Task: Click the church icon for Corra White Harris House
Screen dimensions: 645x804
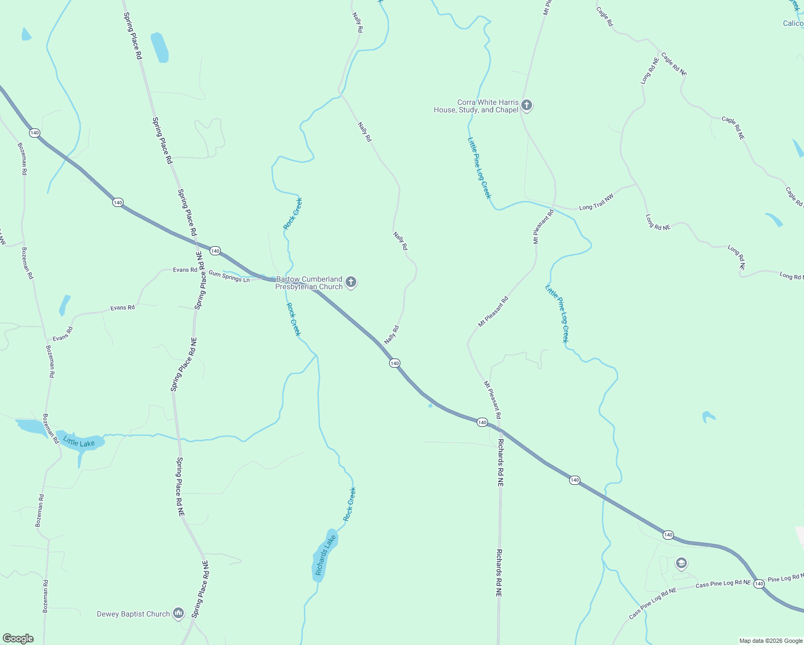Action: (527, 105)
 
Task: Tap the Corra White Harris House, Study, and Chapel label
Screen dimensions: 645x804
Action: (476, 106)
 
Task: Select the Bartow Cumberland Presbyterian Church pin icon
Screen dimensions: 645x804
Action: (351, 282)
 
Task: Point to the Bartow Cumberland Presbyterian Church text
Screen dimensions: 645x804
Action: (309, 283)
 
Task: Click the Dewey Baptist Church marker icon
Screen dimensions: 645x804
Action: (179, 613)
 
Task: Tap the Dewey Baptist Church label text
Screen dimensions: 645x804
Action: (133, 614)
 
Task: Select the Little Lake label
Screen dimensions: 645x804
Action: (79, 442)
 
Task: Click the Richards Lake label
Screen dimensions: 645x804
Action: (325, 555)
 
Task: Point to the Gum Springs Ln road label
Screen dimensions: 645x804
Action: (229, 276)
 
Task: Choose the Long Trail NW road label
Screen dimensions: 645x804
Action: (596, 202)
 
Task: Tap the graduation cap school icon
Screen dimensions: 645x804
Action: (681, 563)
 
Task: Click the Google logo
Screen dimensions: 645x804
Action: (18, 639)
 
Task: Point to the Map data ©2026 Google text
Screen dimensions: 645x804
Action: (771, 641)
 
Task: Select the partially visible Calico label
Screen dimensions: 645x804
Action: (793, 23)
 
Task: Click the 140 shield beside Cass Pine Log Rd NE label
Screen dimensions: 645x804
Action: (759, 584)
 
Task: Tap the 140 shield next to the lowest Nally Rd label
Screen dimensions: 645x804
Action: (394, 363)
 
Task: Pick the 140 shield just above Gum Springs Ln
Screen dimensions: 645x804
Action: (215, 251)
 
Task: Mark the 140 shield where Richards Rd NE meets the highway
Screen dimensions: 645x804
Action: (482, 422)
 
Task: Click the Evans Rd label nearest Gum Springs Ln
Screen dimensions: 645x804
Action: (185, 270)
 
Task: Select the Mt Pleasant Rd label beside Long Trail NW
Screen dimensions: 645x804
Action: (543, 227)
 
